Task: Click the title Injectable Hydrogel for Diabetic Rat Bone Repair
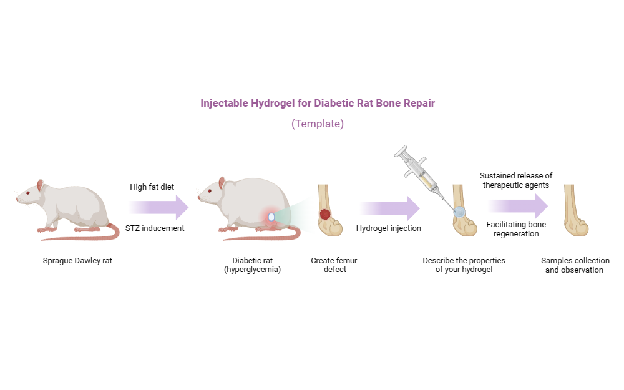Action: (x=317, y=104)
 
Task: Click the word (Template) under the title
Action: (x=317, y=124)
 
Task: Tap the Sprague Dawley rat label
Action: (x=77, y=261)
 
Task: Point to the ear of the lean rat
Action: (x=41, y=185)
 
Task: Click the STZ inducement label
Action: (x=154, y=228)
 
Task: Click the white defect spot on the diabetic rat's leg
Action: (x=271, y=217)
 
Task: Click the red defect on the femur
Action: (x=325, y=214)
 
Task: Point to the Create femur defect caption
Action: (x=334, y=265)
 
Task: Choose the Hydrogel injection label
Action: (x=388, y=228)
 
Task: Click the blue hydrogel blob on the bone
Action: (x=459, y=212)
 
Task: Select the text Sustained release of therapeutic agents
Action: (x=515, y=180)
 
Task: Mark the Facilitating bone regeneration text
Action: (x=515, y=229)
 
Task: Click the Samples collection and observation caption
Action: (x=575, y=265)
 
